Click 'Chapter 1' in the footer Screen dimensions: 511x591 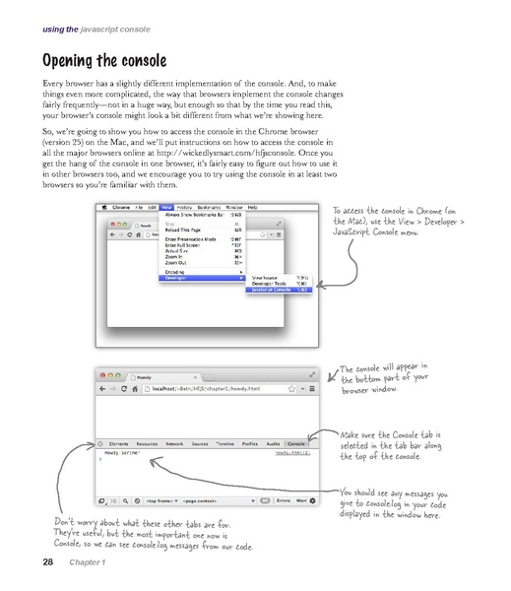coord(87,563)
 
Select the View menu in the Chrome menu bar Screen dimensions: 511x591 coord(166,208)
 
